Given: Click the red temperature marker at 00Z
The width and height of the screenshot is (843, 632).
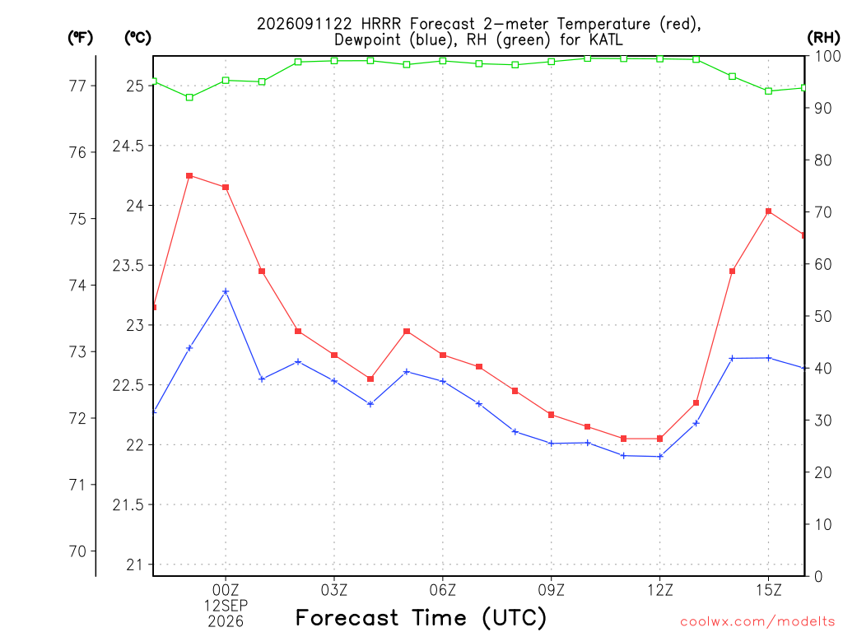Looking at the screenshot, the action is [226, 188].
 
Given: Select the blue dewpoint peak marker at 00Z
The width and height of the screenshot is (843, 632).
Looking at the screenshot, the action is [226, 291].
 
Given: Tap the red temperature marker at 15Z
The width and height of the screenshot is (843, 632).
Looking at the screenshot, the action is [768, 211].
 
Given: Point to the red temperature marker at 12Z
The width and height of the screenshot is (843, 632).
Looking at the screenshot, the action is [659, 439].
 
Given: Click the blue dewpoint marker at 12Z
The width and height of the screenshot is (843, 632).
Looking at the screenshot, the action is [660, 456].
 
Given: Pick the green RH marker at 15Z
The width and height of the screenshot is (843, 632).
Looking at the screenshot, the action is [768, 91].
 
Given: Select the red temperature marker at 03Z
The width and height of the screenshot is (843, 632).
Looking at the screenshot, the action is [334, 355].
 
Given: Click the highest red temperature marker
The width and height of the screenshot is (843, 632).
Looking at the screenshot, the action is [189, 176].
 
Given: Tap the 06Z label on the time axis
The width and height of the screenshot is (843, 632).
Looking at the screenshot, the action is [442, 590].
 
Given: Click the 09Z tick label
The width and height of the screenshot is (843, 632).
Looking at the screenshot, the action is [551, 590].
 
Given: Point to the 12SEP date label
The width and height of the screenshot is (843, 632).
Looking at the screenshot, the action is [226, 606].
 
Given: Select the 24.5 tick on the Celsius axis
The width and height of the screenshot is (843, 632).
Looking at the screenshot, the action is [128, 146].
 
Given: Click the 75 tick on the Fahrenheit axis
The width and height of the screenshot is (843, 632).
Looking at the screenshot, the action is [77, 219].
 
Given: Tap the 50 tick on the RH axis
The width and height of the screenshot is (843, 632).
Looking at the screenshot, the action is [823, 316].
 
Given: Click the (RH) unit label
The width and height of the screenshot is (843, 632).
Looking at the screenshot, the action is [823, 37].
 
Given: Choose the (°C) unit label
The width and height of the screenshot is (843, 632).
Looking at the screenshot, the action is [137, 37].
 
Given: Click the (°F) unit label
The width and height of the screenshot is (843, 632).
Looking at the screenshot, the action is [80, 37].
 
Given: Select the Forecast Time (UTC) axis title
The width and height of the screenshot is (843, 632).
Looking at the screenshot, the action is [421, 617].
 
